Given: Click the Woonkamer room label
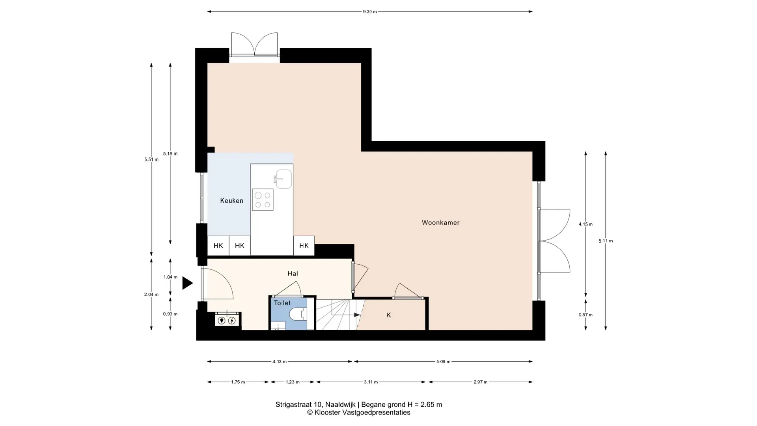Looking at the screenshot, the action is click(x=440, y=222).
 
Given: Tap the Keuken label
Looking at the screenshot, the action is click(x=231, y=201).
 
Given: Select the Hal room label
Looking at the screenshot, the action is click(x=293, y=273).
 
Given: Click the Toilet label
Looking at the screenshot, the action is click(x=282, y=303).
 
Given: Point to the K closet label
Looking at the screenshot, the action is click(x=389, y=315).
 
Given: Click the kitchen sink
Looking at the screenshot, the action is click(x=283, y=179).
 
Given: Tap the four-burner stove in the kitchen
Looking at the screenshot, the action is click(x=263, y=200).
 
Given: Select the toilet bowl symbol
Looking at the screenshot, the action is click(x=298, y=314).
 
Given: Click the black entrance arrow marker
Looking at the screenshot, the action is click(x=187, y=283).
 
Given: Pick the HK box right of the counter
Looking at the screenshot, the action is click(x=304, y=246).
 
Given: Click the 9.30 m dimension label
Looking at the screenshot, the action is click(x=370, y=11).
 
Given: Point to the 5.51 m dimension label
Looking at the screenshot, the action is click(x=151, y=160).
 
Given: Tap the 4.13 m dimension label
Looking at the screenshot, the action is click(x=280, y=361).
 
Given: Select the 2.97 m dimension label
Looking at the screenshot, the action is click(x=480, y=382).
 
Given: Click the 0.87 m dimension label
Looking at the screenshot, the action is click(x=585, y=315).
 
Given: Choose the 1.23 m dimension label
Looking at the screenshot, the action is click(x=293, y=382).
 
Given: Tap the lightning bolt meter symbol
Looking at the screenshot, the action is click(x=232, y=321).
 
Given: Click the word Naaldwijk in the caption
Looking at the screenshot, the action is click(x=341, y=404).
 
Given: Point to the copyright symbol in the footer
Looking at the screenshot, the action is click(x=310, y=413).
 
